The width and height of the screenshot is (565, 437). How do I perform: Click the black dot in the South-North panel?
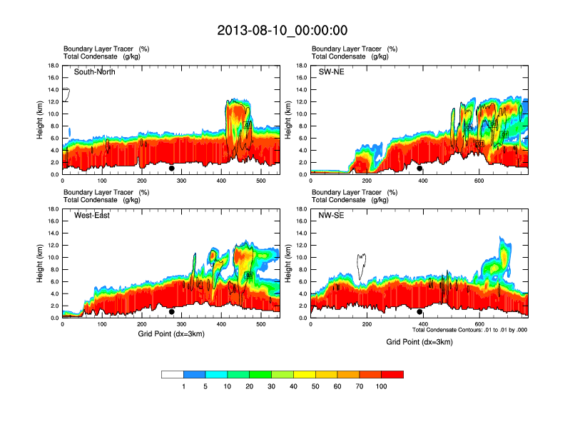pyautogui.click(x=172, y=169)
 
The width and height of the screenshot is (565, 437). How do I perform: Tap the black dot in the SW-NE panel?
pyautogui.click(x=420, y=169)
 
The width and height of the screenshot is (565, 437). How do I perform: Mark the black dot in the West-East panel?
pyautogui.click(x=172, y=312)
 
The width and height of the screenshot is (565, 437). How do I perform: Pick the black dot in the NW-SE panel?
pyautogui.click(x=420, y=312)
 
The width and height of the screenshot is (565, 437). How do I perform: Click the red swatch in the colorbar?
pyautogui.click(x=392, y=374)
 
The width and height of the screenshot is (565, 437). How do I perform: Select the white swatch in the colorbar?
pyautogui.click(x=173, y=374)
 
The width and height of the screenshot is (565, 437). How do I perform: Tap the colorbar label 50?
pyautogui.click(x=315, y=386)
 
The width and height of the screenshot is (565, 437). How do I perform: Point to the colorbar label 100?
pyautogui.click(x=381, y=386)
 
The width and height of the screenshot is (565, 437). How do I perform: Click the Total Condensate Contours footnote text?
pyautogui.click(x=469, y=330)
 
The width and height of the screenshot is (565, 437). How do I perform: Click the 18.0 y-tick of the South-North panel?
pyautogui.click(x=53, y=66)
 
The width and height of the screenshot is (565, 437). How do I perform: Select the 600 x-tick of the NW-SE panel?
pyautogui.click(x=478, y=324)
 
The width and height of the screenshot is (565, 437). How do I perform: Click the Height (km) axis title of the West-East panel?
pyautogui.click(x=40, y=263)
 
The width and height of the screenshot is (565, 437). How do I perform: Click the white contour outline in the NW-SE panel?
pyautogui.click(x=361, y=266)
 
